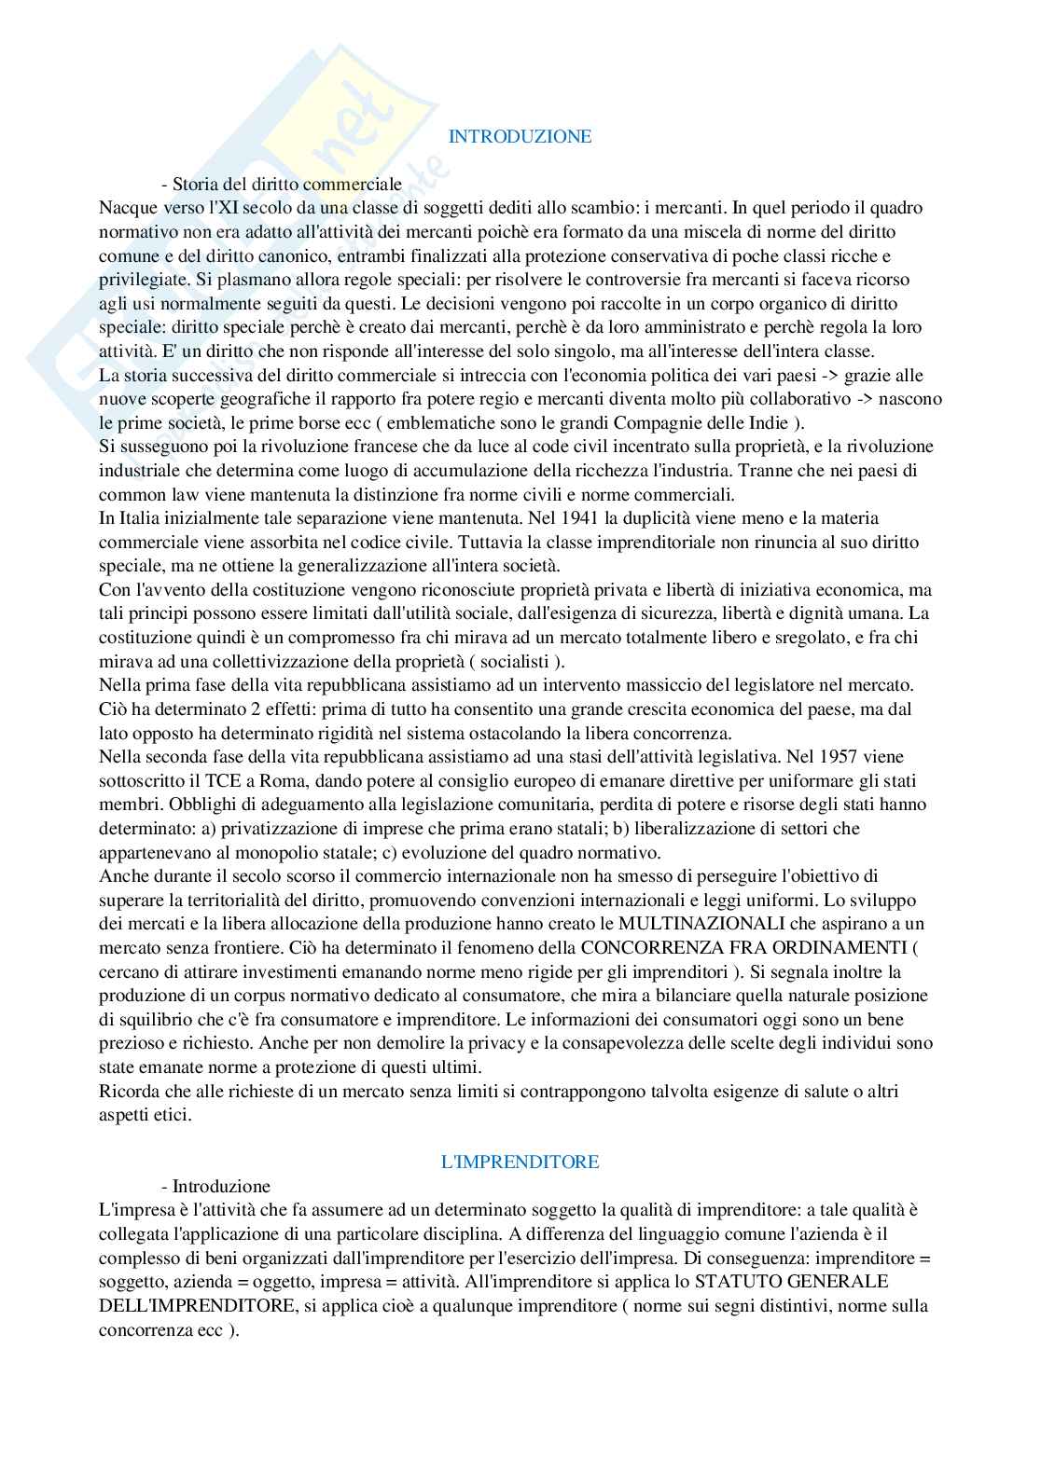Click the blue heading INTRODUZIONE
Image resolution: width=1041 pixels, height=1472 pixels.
tap(520, 136)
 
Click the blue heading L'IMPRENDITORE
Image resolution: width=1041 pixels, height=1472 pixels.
tap(520, 1162)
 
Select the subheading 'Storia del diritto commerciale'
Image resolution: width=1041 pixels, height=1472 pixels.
tap(286, 184)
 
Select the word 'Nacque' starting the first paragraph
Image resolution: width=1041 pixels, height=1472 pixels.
tap(125, 207)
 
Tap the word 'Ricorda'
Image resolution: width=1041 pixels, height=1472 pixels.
tap(126, 1092)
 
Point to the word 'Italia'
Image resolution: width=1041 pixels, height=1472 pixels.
tap(139, 517)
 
